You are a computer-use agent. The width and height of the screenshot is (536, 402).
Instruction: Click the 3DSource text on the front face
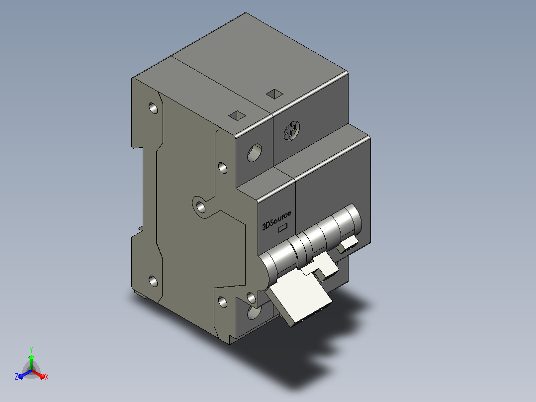pyautogui.click(x=276, y=220)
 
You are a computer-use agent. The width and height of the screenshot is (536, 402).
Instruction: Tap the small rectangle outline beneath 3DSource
pyautogui.click(x=283, y=228)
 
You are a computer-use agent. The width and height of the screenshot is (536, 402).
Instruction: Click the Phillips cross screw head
pyautogui.click(x=291, y=131)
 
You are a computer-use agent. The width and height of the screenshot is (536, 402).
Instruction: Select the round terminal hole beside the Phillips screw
pyautogui.click(x=255, y=152)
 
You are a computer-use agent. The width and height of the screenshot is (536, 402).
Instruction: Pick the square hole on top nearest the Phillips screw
pyautogui.click(x=274, y=94)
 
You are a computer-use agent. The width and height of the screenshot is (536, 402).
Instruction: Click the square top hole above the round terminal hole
pyautogui.click(x=237, y=115)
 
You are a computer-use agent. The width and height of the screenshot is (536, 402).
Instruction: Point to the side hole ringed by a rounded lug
pyautogui.click(x=201, y=207)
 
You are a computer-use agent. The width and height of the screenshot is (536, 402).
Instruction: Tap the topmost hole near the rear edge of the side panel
pyautogui.click(x=153, y=108)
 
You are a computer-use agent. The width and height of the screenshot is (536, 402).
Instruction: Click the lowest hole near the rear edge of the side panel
pyautogui.click(x=153, y=281)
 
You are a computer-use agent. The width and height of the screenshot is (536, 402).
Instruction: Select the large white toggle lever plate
pyautogui.click(x=298, y=301)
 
